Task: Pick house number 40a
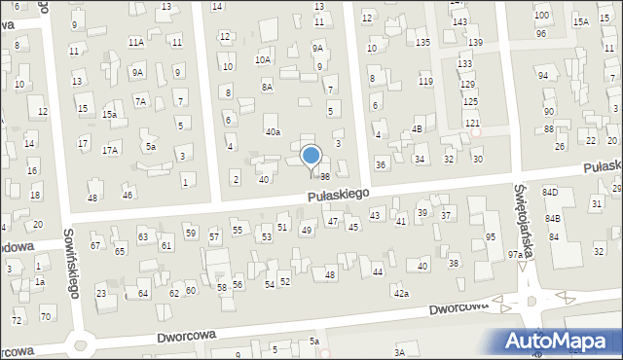click(x=273, y=131)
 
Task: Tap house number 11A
click(x=136, y=42)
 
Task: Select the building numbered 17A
click(x=110, y=149)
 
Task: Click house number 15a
click(x=110, y=115)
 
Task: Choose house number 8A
click(x=267, y=87)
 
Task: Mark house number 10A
click(x=263, y=59)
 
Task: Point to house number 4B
click(x=417, y=128)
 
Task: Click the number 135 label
click(x=422, y=42)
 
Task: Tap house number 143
click(x=459, y=21)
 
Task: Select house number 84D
click(x=551, y=193)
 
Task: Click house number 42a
click(x=401, y=293)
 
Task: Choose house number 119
click(x=425, y=80)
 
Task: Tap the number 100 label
click(x=541, y=16)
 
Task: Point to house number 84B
click(x=552, y=218)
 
